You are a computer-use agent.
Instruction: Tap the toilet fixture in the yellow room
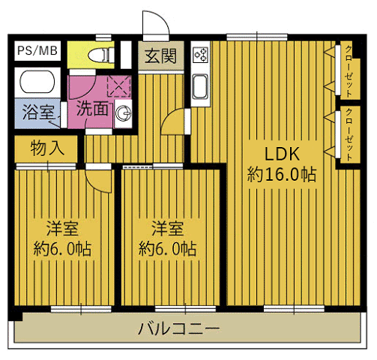(x=100, y=55)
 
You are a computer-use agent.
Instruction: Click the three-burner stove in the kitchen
(x=201, y=55)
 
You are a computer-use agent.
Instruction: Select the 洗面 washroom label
(x=93, y=108)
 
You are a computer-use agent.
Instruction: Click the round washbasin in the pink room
(x=124, y=113)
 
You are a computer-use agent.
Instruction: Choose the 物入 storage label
(x=46, y=148)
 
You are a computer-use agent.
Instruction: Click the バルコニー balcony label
(x=178, y=328)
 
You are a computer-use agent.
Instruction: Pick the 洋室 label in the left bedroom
(x=62, y=227)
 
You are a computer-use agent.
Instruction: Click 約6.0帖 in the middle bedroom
(x=168, y=248)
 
